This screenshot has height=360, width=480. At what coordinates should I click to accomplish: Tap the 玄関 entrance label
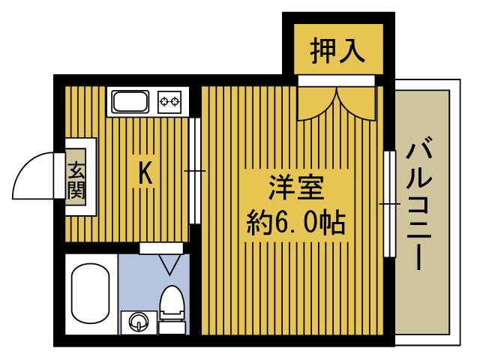click(76, 179)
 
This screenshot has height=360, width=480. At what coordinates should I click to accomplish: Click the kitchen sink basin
click(132, 100)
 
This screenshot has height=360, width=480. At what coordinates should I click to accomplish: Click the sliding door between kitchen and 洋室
click(194, 171)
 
